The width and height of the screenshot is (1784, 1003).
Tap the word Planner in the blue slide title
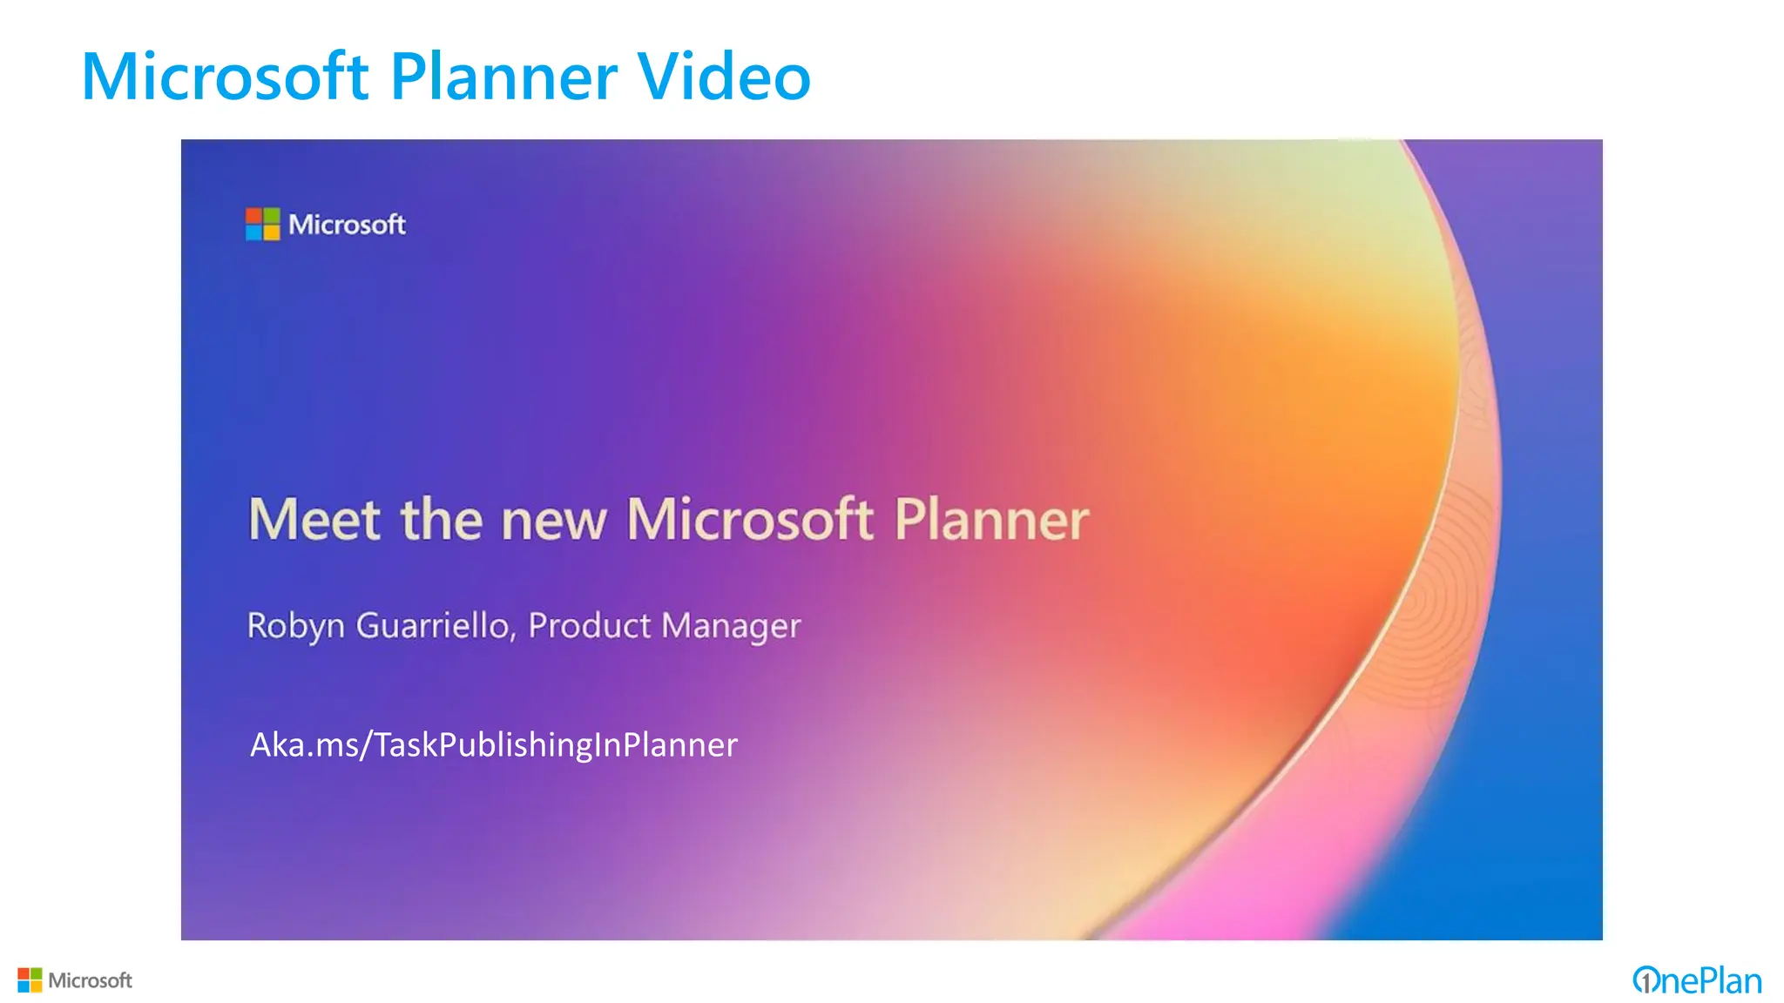point(503,77)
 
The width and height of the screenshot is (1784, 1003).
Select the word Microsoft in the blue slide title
point(225,77)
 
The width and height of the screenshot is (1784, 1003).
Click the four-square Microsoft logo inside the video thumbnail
point(262,224)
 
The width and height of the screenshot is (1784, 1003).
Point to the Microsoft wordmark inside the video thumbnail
point(347,225)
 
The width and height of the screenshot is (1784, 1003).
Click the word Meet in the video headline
point(314,520)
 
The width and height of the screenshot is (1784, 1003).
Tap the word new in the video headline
point(554,522)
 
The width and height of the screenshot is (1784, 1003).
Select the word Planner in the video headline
point(991,520)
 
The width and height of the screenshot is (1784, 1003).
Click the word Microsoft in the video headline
point(749,520)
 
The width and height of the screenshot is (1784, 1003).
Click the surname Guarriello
point(431,625)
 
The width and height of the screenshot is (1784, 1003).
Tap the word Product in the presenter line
point(590,625)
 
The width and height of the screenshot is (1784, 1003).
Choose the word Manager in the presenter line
point(731,626)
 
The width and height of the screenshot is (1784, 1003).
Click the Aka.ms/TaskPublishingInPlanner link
point(493,744)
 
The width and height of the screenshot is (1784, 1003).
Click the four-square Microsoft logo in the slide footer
point(30,980)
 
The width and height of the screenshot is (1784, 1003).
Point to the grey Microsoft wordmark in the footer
point(90,980)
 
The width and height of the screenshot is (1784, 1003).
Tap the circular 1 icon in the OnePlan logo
point(1645,980)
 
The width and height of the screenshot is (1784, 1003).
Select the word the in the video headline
point(442,520)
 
